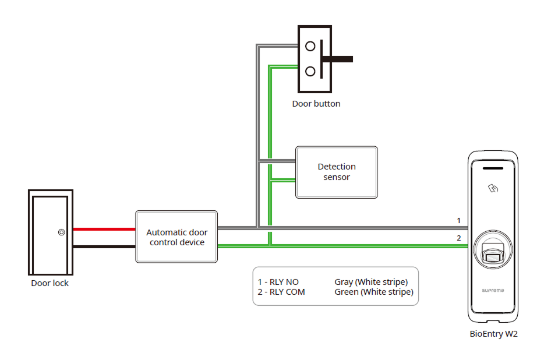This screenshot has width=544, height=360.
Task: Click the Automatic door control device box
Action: click(176, 237)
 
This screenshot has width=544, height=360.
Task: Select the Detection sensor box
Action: click(337, 172)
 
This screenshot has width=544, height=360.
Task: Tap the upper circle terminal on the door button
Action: click(310, 46)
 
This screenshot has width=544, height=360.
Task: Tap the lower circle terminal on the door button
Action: click(310, 72)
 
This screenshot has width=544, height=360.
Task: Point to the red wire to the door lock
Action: click(104, 229)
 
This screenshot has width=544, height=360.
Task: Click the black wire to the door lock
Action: click(104, 246)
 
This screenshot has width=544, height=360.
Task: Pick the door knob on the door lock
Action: click(61, 232)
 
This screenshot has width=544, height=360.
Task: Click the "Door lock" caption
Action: click(50, 283)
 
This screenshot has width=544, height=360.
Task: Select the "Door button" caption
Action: click(316, 104)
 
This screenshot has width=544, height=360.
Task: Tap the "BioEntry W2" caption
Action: click(493, 334)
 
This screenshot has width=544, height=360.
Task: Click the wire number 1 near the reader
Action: click(459, 221)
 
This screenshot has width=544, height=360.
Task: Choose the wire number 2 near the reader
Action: click(459, 238)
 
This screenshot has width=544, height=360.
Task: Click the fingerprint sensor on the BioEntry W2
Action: click(493, 253)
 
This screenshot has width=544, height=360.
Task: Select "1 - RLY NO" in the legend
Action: click(278, 282)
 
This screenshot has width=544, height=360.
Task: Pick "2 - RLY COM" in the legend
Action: click(281, 292)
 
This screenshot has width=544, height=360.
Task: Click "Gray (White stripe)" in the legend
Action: click(371, 282)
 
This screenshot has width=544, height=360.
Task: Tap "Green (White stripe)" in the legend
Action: click(374, 292)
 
